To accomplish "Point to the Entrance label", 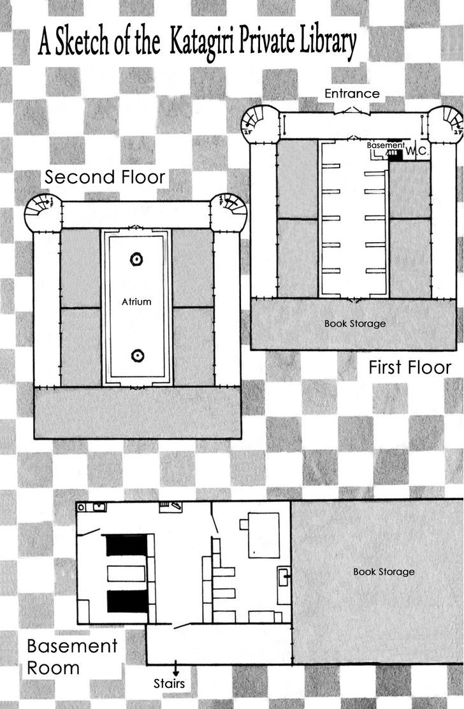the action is pos(352,94).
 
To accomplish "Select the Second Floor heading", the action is pos(105,177).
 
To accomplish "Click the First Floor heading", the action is pos(410,367).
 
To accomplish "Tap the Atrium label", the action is pos(136,301).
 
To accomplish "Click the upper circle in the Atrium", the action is pos(136,259).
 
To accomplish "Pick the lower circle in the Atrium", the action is pos(138,356).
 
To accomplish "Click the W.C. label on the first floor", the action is pos(416,151).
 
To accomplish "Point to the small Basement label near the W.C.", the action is pos(386,145).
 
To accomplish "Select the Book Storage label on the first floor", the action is pos(355,324).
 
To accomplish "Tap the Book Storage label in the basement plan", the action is pos(384,571).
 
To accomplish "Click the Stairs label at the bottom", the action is pos(169,684).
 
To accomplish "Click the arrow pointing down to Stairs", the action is pos(175,669).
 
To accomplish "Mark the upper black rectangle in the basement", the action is pos(127,545).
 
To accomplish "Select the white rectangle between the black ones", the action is pos(126,573).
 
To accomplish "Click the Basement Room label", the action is pos(72,657).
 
